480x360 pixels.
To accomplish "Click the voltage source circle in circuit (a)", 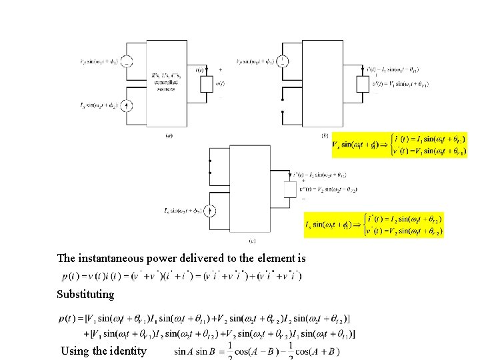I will (x=127, y=61).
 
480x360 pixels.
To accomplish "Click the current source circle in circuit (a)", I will (x=127, y=105).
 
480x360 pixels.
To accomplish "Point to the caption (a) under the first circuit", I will (x=169, y=136).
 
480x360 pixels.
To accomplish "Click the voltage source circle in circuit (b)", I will (x=283, y=62).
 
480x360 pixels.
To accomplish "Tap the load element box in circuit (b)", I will (x=363, y=84).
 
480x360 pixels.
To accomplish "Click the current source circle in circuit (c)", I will (x=210, y=211).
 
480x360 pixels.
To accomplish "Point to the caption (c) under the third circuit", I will (x=252, y=240).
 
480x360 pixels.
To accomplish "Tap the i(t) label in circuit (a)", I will (x=199, y=70).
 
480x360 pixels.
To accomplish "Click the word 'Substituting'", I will (x=85, y=294).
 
